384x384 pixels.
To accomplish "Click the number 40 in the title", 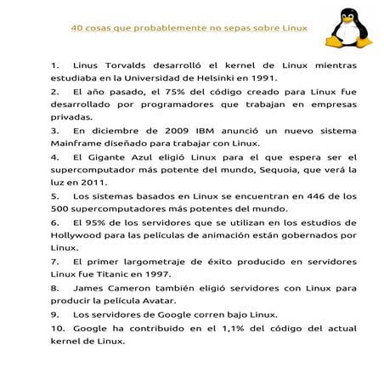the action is pos(77,28).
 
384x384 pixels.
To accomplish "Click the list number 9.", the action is pos(55,313).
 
